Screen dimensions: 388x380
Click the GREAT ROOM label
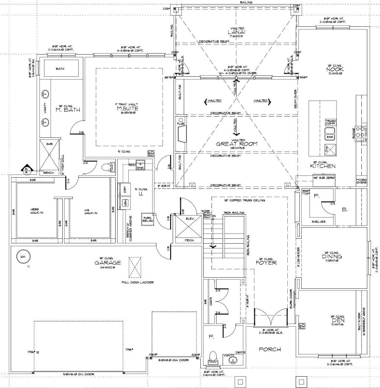coord(237,144)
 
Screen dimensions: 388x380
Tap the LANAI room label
coord(237,32)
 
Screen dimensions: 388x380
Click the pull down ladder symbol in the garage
coord(135,267)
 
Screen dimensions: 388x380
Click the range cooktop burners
coord(360,132)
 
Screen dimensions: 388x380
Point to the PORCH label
coord(270,349)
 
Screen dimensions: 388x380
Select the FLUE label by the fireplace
coord(181,124)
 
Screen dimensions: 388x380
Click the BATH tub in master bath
coord(61,69)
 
